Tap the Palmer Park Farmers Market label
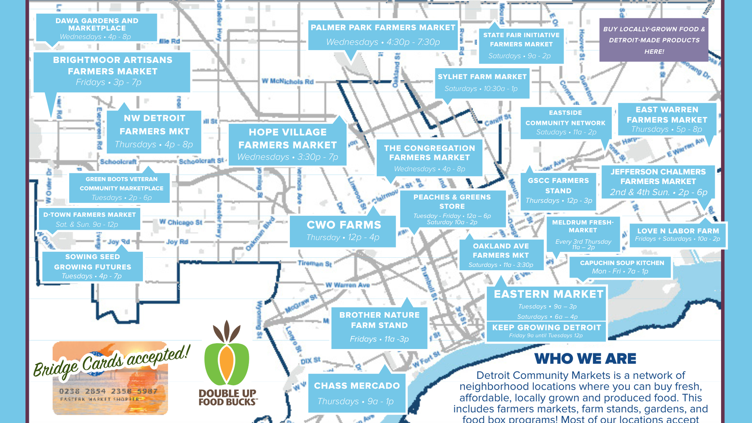[x=383, y=35]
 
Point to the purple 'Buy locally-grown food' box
[x=654, y=40]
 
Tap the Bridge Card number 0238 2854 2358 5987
[x=108, y=391]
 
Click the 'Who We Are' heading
[x=585, y=358]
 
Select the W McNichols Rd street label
[x=288, y=81]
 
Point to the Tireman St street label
[x=315, y=264]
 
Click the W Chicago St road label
[x=181, y=222]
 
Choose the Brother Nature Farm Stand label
[x=379, y=327]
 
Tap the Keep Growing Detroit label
[x=546, y=331]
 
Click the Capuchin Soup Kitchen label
[x=622, y=267]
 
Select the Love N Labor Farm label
[x=678, y=235]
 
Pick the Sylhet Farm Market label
[x=482, y=82]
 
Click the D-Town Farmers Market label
[x=90, y=219]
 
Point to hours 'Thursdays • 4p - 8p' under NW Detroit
[x=154, y=145]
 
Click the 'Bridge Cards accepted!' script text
[x=112, y=361]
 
